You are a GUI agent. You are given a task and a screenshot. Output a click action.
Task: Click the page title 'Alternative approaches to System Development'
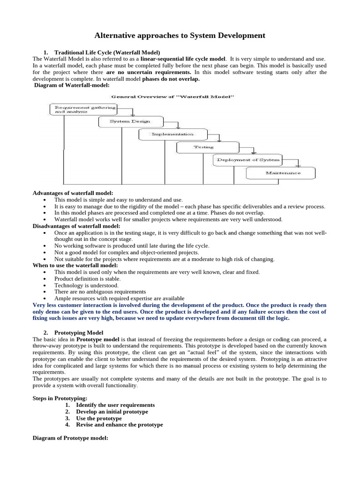coord(180,35)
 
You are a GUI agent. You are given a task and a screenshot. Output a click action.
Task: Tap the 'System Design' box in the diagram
coord(131,121)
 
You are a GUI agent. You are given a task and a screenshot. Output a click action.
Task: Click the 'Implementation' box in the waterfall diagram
coord(172,134)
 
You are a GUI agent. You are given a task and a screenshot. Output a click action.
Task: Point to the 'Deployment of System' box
coord(247,160)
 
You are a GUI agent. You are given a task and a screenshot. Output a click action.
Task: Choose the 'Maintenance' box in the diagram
coord(281,173)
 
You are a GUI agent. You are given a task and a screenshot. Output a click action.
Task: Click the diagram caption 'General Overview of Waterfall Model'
coord(172,97)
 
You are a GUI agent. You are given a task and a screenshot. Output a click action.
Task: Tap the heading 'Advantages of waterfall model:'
coord(73,193)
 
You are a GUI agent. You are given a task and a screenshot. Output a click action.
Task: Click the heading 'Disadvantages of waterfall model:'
coord(76,226)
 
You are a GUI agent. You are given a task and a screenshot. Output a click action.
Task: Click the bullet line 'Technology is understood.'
coord(86,285)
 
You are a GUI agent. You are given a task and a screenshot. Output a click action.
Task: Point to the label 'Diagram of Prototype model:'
coord(70,438)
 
